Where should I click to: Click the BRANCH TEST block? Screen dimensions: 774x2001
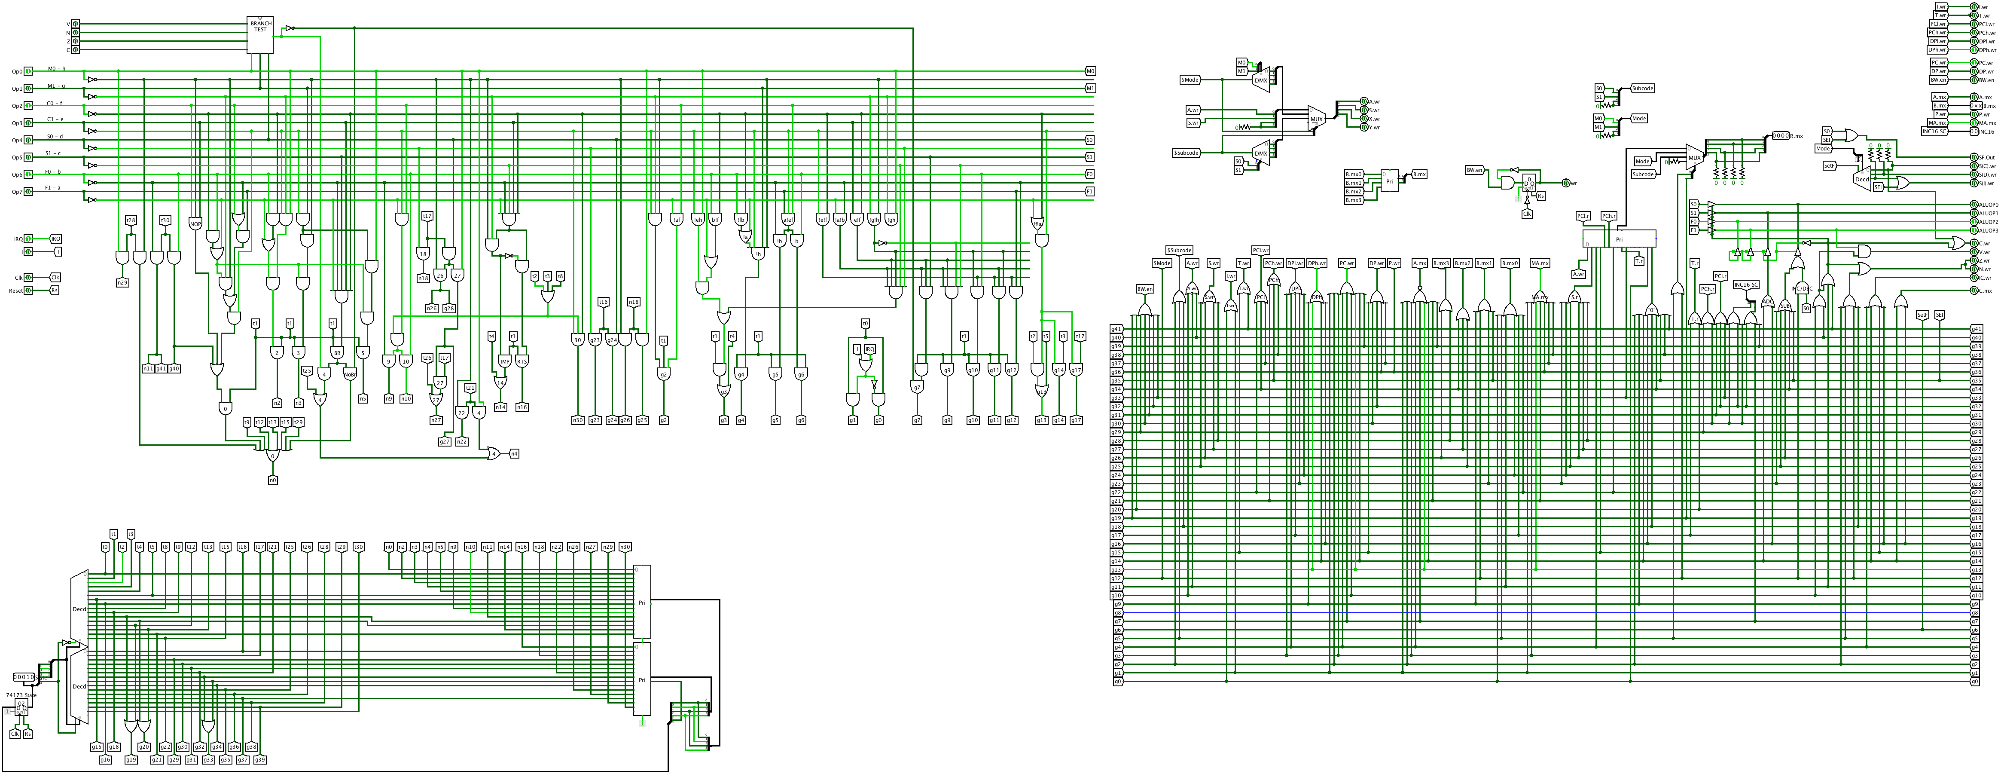[260, 35]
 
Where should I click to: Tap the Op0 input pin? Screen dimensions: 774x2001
[28, 71]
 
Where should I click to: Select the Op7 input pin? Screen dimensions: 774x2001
[28, 192]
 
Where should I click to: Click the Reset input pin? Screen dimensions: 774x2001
[28, 291]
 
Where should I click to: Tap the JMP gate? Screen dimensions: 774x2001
[505, 361]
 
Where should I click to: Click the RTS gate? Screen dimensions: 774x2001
[522, 361]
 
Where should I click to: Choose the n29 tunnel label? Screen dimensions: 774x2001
[122, 283]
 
